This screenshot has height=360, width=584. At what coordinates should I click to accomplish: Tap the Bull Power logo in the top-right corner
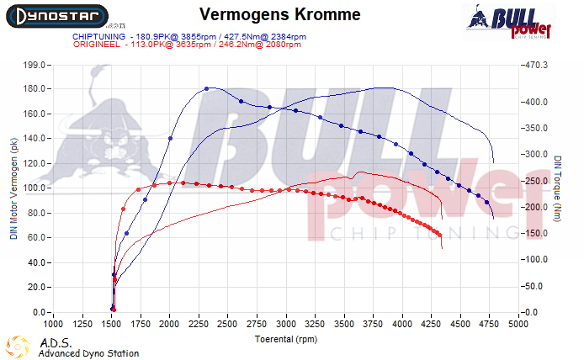(508, 21)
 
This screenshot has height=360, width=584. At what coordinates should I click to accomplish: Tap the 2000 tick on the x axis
(170, 323)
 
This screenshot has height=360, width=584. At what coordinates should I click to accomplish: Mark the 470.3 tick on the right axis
(536, 65)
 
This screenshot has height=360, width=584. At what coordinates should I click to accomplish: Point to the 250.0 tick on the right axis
(536, 181)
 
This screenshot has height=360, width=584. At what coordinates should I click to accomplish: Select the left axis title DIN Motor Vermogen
(13, 188)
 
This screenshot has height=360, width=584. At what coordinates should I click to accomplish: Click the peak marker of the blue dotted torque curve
(206, 88)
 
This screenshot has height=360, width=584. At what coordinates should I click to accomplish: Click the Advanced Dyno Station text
(88, 353)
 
